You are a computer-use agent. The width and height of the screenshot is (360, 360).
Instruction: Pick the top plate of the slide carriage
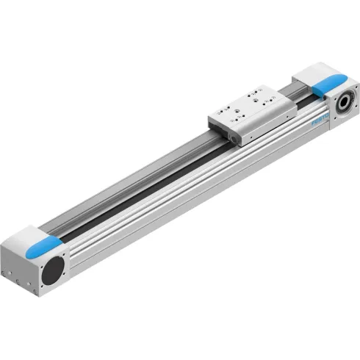(x=248, y=102)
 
